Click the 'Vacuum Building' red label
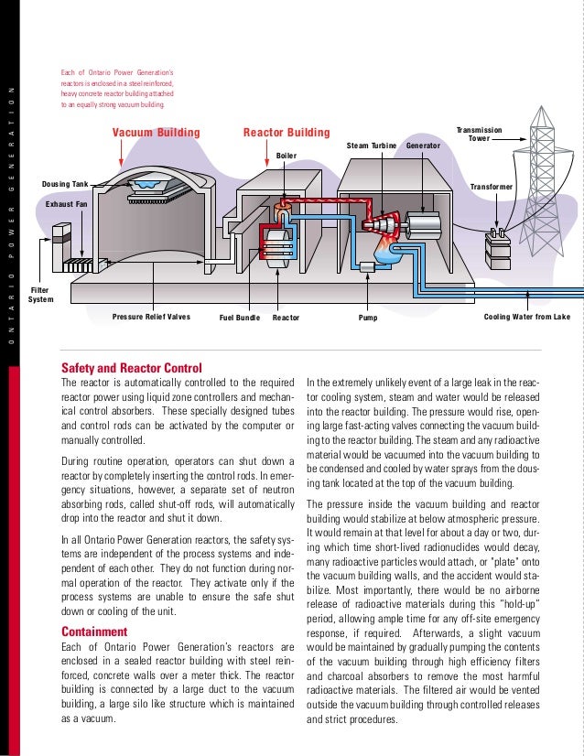[x=156, y=133]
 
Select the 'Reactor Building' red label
[x=286, y=133]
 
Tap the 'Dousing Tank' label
[x=65, y=184]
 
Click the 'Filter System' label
[x=41, y=294]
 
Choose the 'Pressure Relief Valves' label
[x=151, y=317]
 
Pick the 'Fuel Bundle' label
[x=240, y=318]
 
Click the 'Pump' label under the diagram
[x=366, y=318]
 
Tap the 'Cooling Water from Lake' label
[x=526, y=317]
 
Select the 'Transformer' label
[x=492, y=186]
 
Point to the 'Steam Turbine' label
[x=371, y=146]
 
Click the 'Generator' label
[x=423, y=146]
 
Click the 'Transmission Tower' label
[x=479, y=135]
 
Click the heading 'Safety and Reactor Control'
[x=131, y=368]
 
